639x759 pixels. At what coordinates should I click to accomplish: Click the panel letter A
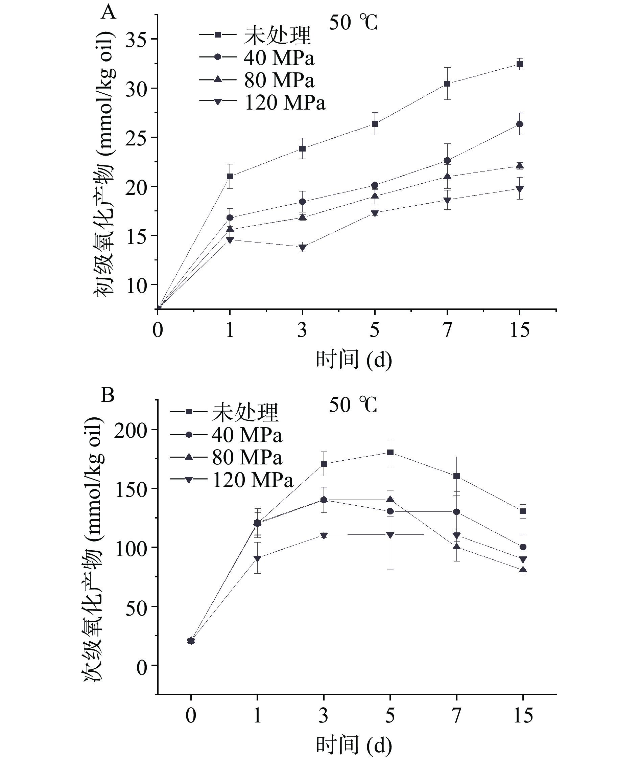click(108, 13)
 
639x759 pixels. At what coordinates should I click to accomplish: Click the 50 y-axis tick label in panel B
click(137, 606)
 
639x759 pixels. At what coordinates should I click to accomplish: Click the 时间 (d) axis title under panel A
click(354, 360)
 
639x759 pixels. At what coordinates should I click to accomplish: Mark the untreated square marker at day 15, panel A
click(519, 65)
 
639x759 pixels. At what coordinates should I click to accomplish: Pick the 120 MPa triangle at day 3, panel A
click(303, 248)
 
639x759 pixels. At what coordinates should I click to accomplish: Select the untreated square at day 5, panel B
click(390, 452)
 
